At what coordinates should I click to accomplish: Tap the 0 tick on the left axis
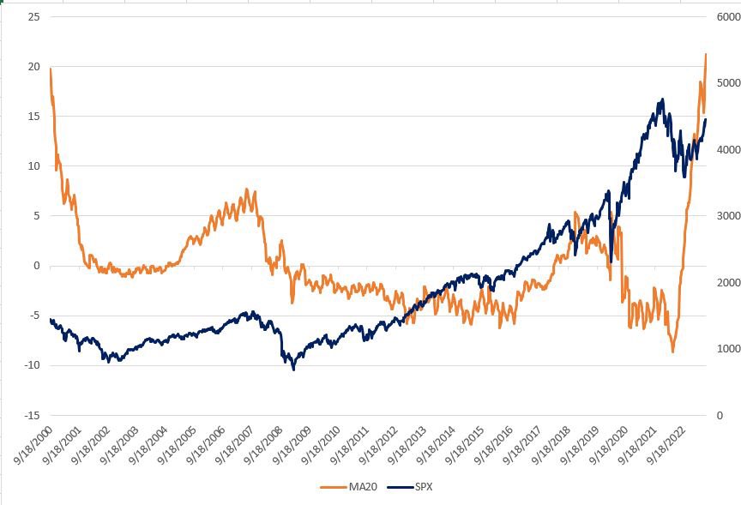[x=36, y=266]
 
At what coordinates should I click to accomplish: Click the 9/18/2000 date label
[x=34, y=447]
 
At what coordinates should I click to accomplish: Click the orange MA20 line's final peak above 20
[x=706, y=54]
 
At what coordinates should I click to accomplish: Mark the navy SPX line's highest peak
[x=662, y=99]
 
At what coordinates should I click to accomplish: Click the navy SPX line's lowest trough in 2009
[x=293, y=370]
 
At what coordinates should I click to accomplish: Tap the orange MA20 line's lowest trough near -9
[x=673, y=352]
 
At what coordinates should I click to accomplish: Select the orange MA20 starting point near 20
[x=51, y=69]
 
